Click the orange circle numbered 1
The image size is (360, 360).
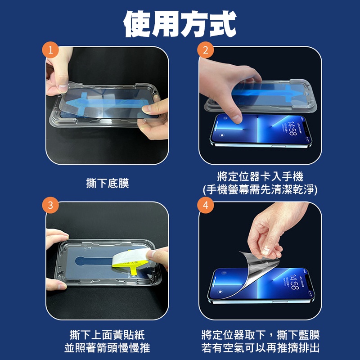(x=50, y=50)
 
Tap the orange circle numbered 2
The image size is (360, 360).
(x=206, y=50)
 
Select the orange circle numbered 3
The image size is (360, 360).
(x=50, y=205)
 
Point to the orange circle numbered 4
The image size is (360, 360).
(x=206, y=205)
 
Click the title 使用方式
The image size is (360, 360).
(x=180, y=24)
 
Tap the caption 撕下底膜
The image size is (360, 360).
(x=108, y=183)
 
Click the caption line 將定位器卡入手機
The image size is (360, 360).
(x=260, y=176)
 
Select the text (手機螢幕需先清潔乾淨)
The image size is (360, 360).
(x=260, y=189)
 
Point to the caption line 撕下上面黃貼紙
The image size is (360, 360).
(x=107, y=335)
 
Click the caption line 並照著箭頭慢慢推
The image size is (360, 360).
(x=107, y=347)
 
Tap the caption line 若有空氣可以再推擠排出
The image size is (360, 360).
(x=261, y=347)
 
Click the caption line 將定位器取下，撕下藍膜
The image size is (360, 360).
(x=261, y=335)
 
